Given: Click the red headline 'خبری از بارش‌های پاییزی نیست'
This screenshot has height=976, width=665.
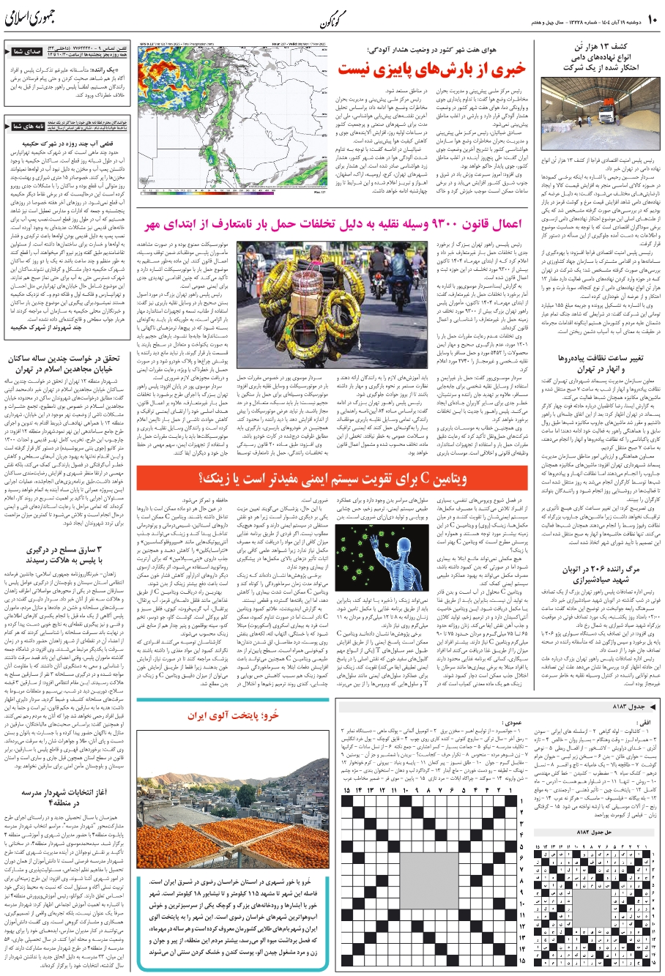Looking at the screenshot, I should point(431,68).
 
